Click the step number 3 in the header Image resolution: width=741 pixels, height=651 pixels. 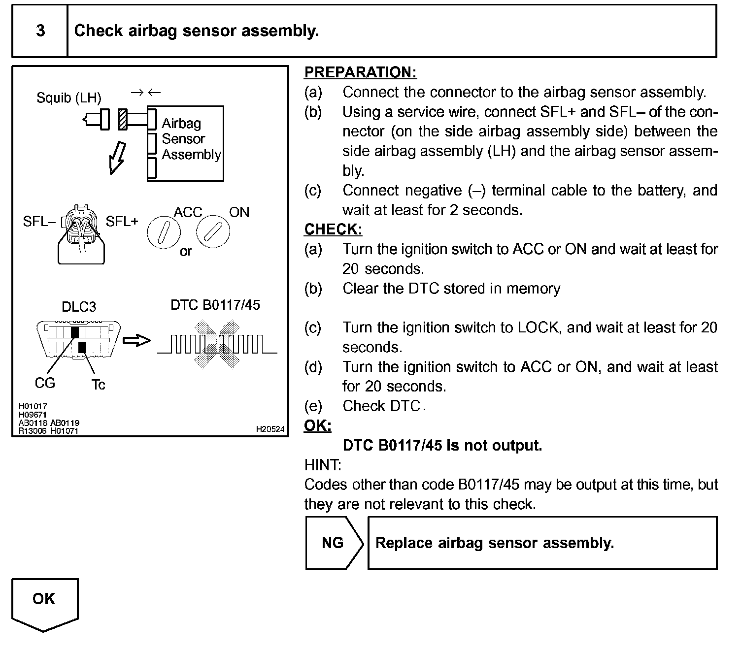click(x=40, y=31)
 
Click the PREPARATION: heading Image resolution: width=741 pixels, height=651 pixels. click(x=360, y=72)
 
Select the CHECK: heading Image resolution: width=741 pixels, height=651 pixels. click(x=333, y=229)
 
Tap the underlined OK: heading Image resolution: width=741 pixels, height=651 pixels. click(x=318, y=425)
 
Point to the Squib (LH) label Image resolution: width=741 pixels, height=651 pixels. click(x=69, y=98)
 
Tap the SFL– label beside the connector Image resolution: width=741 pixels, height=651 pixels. click(x=39, y=222)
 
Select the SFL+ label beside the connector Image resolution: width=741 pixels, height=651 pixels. click(x=122, y=222)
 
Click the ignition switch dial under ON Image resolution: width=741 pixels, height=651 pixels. click(x=213, y=230)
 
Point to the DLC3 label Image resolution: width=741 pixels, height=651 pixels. click(x=79, y=307)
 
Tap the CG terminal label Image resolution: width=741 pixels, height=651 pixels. click(x=45, y=383)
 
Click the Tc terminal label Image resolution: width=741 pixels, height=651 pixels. click(x=98, y=385)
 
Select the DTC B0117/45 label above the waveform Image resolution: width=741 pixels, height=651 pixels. click(x=215, y=305)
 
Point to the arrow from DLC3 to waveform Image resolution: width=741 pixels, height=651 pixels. click(x=136, y=340)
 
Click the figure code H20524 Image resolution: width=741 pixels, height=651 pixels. click(x=270, y=429)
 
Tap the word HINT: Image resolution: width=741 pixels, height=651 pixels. click(x=323, y=465)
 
